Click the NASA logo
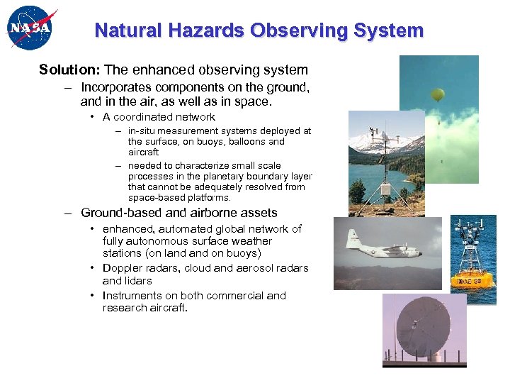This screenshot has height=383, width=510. click(x=30, y=29)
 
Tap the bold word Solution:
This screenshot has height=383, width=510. click(x=69, y=70)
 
